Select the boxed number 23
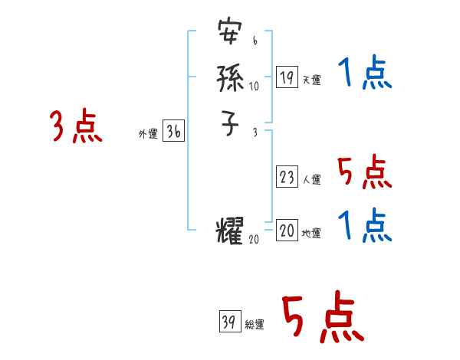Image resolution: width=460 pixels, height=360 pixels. [x=287, y=178]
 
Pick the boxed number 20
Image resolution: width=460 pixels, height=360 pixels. [x=287, y=231]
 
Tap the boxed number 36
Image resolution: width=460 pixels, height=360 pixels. [x=173, y=133]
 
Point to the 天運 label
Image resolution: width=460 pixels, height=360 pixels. [x=311, y=80]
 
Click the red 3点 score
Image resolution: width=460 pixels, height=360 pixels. [x=76, y=126]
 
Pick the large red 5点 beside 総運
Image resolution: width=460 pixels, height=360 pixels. [x=322, y=318]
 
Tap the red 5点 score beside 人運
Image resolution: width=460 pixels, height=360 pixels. [x=364, y=172]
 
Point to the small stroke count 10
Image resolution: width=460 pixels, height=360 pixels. [x=254, y=86]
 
